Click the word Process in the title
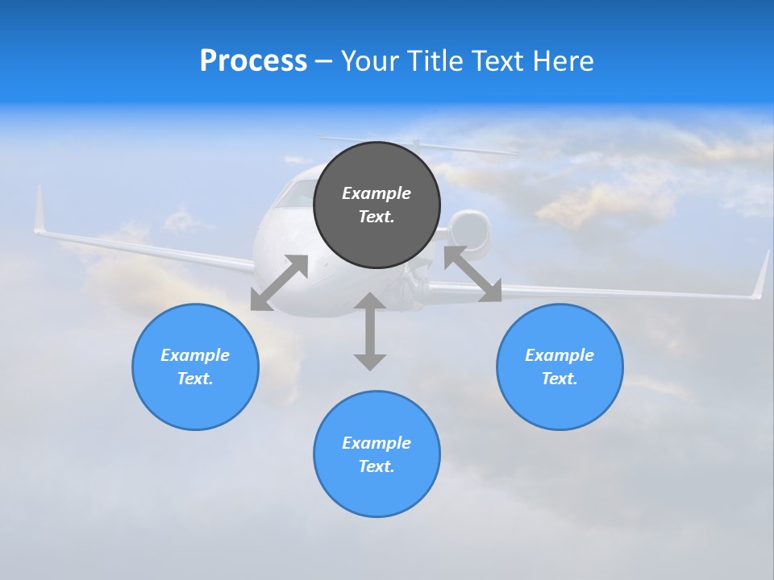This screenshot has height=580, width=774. (253, 61)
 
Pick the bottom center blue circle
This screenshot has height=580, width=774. (377, 491)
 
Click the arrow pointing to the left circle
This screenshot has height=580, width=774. (279, 283)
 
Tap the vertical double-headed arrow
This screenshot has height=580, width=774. (370, 331)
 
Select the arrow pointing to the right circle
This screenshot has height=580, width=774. (472, 274)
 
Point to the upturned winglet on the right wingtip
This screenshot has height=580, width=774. (760, 276)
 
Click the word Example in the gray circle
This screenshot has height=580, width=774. (377, 193)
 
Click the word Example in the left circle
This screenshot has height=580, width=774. (195, 355)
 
